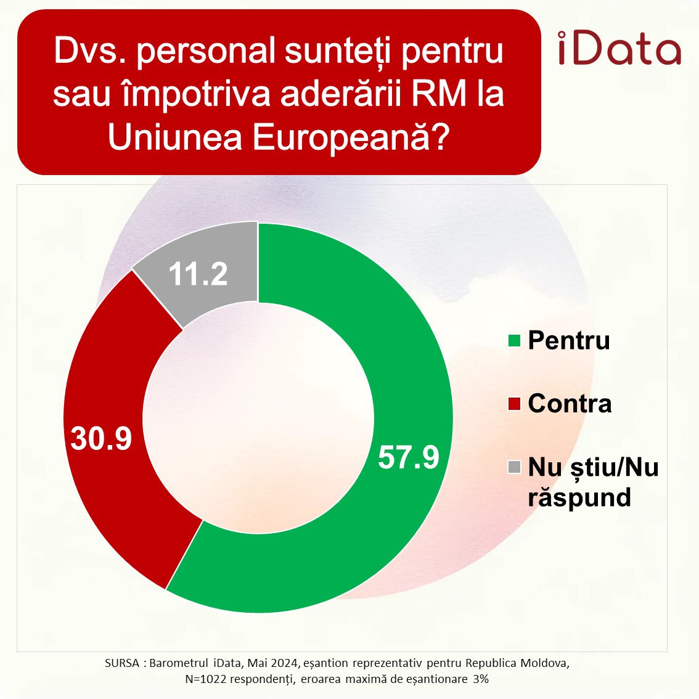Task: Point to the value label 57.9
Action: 408,457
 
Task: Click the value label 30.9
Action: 101,437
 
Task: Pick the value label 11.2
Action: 198,273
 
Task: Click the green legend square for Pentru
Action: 514,340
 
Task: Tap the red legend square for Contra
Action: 514,404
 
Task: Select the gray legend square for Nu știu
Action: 514,467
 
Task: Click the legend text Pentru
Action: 568,340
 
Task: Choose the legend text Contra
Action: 570,404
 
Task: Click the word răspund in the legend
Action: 579,497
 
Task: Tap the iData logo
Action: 619,49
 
